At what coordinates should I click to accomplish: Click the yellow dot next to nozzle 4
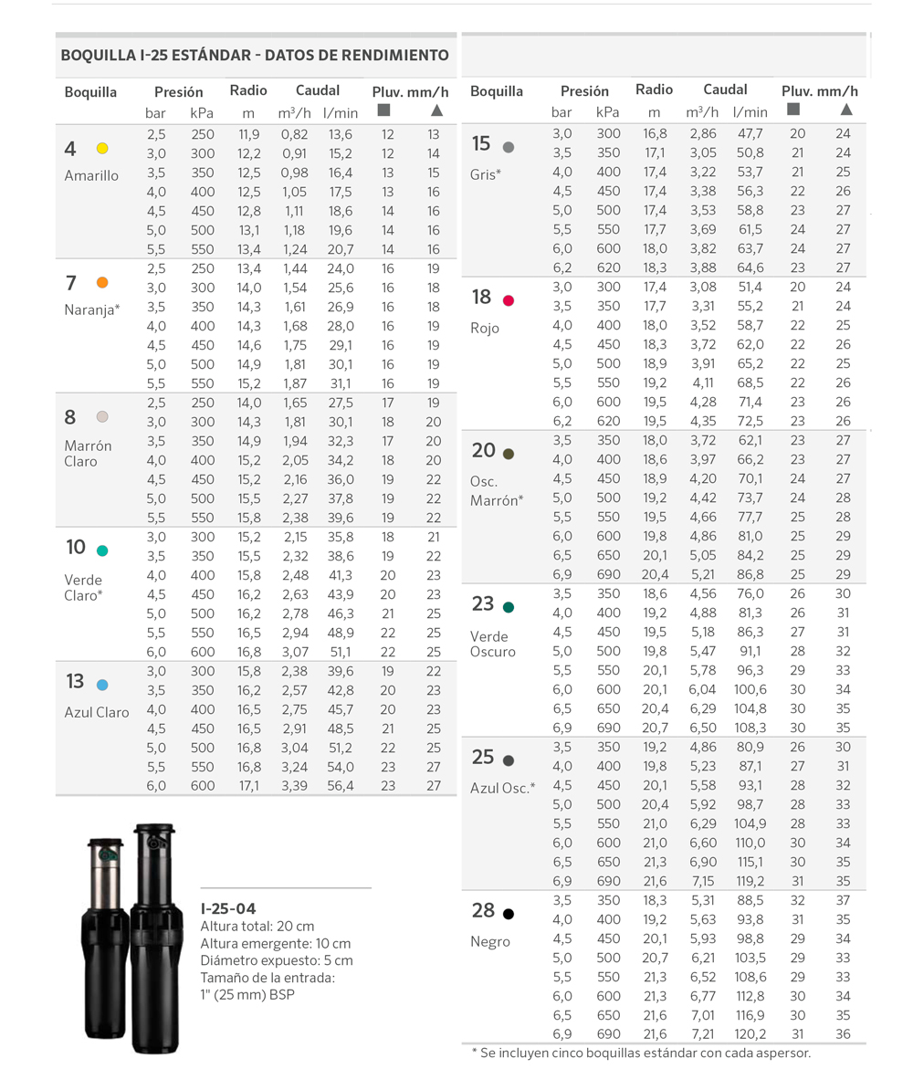[102, 148]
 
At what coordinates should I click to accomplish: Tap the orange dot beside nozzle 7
[102, 282]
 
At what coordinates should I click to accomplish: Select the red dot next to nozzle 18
[509, 300]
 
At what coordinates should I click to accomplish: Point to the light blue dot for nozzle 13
[102, 684]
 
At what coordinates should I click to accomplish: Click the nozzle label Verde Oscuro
[493, 644]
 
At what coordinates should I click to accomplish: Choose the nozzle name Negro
[490, 941]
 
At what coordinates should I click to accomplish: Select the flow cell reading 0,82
[294, 134]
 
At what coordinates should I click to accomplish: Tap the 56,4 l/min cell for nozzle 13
[341, 786]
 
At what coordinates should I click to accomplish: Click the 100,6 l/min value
[749, 688]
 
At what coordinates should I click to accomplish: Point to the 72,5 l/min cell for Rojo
[749, 421]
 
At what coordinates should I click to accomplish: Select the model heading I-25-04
[228, 908]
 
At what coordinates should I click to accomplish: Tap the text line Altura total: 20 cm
[257, 927]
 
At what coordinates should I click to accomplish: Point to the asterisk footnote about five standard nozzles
[640, 1053]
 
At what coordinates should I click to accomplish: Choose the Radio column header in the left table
[247, 90]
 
